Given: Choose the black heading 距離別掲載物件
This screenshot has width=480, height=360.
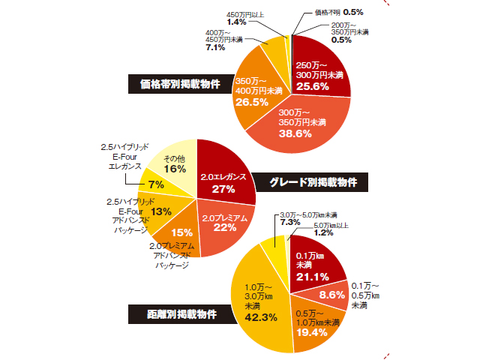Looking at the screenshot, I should click(x=181, y=314).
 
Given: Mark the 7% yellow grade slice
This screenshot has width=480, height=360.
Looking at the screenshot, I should click(x=156, y=184).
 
